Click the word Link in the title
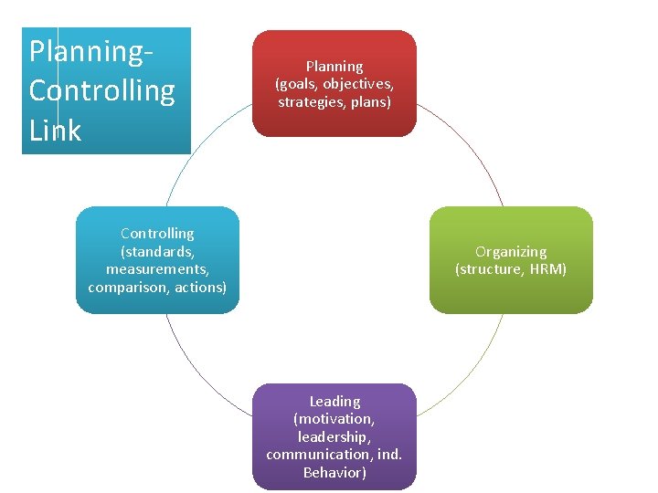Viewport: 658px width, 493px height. click(55, 130)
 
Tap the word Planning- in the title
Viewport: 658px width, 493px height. click(90, 51)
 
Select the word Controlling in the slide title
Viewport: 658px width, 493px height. click(101, 90)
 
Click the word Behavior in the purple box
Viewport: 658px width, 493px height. click(334, 472)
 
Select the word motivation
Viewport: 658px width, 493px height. click(334, 419)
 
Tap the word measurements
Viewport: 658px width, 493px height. click(157, 269)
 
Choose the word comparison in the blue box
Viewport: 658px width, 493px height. click(127, 287)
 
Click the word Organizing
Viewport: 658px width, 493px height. click(511, 251)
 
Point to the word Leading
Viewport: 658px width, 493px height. click(334, 401)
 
